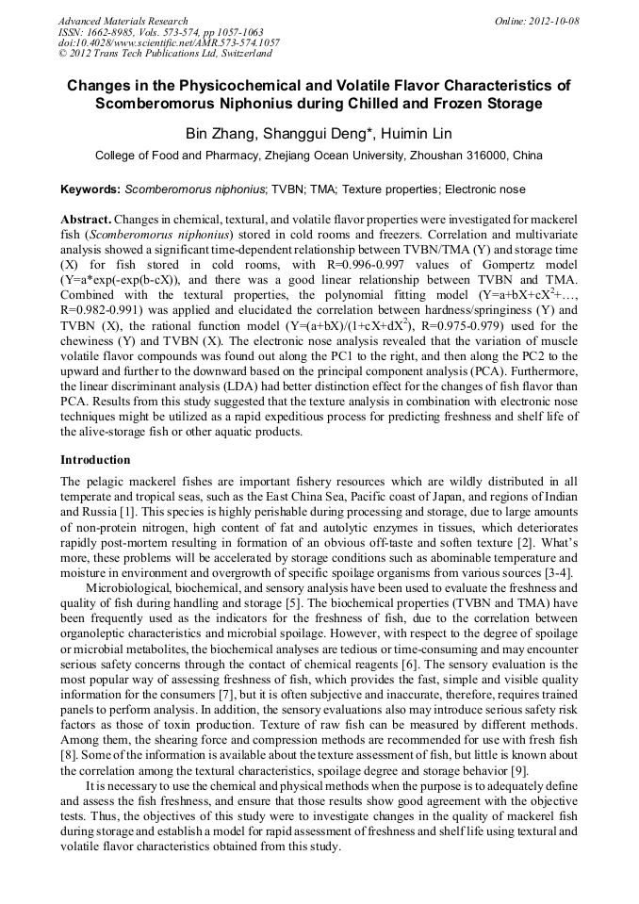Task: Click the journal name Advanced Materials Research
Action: (123, 21)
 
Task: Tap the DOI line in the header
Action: (169, 42)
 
